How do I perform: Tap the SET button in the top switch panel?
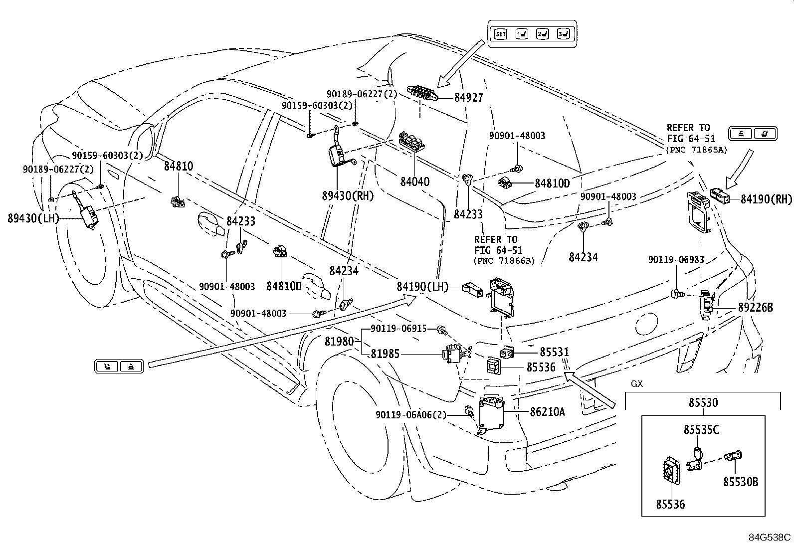pos(501,34)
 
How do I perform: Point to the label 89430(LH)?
pos(33,218)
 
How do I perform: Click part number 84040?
pos(414,182)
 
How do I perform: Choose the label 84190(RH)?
pos(766,200)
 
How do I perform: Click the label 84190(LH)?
pos(422,287)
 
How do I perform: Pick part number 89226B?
pos(755,308)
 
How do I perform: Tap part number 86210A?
pos(547,412)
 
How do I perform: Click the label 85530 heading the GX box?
pos(703,402)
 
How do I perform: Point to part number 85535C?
pos(701,429)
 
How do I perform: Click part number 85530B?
pos(741,482)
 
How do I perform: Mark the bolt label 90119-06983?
pos(676,260)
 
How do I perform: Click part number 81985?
pos(385,354)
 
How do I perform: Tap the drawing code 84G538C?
pos(770,538)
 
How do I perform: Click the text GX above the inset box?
pos(637,384)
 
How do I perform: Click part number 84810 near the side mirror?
pos(178,166)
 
